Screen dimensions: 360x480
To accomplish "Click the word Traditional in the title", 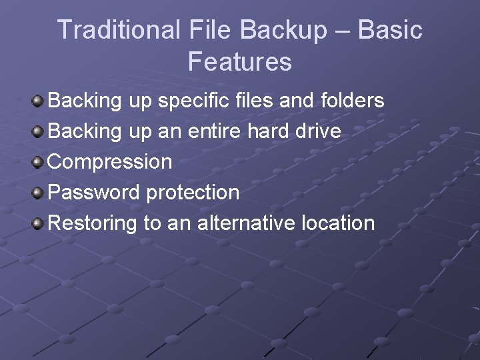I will pos(119,30).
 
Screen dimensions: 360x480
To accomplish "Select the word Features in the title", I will pos(240,62).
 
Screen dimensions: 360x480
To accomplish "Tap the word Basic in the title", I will pos(390,30).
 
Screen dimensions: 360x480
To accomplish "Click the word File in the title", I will pos(209,30).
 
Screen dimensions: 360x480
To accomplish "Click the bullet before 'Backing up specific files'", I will pos(39,101).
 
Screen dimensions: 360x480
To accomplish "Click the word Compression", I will pos(111,162).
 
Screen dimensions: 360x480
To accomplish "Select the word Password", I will pos(95,193).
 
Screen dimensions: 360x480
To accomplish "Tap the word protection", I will pos(193,193).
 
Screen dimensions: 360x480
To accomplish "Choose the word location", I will pos(338,223).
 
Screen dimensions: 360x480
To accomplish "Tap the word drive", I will pos(317,131).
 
